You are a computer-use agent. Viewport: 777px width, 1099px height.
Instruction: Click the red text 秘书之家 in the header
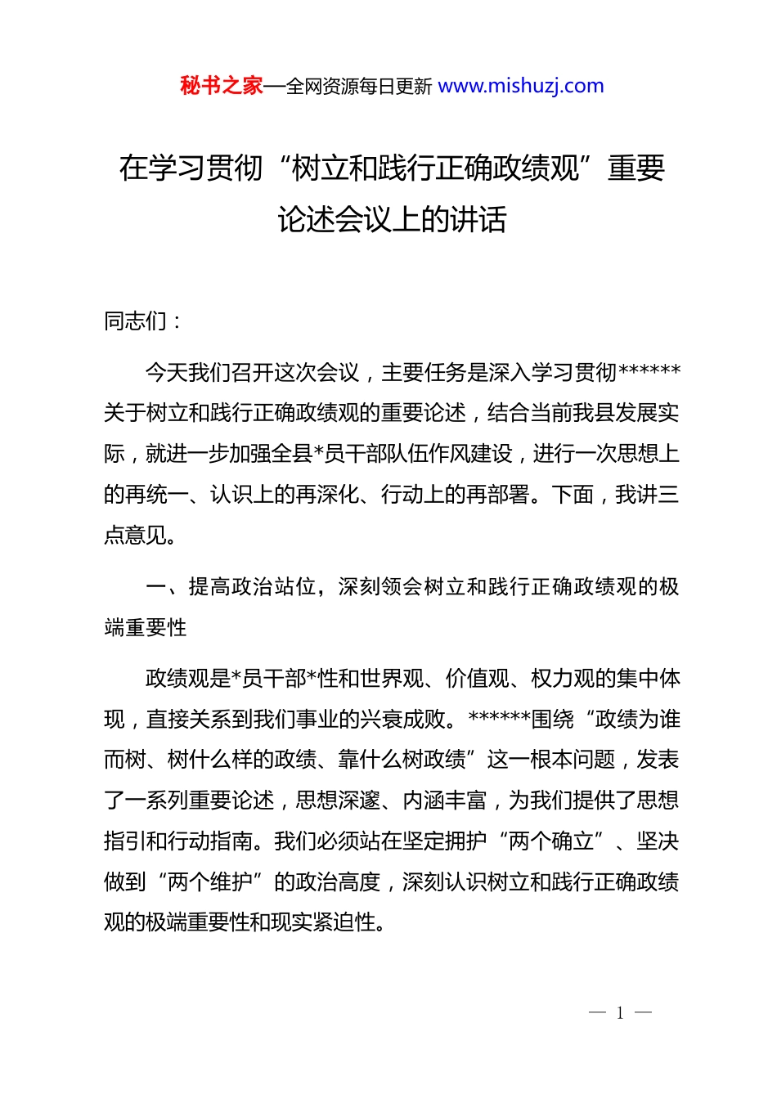(x=221, y=86)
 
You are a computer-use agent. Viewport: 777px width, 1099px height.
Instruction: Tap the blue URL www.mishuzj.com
(x=521, y=86)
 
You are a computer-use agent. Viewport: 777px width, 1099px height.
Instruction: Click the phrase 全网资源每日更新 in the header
(x=359, y=87)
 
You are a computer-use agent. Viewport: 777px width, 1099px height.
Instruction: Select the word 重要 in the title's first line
(x=636, y=168)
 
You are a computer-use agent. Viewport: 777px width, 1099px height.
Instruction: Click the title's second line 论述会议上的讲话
(x=392, y=219)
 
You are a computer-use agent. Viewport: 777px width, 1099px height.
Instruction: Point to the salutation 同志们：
(x=142, y=321)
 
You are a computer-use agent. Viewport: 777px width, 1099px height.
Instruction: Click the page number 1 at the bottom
(x=620, y=1013)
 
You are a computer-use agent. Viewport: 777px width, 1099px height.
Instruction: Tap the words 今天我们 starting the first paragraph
(x=188, y=373)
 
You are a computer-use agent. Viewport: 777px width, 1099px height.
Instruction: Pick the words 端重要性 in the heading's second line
(x=146, y=628)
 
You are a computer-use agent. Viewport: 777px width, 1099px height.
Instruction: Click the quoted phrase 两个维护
(x=209, y=882)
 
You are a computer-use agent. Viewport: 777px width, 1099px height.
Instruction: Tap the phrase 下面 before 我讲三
(x=573, y=496)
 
